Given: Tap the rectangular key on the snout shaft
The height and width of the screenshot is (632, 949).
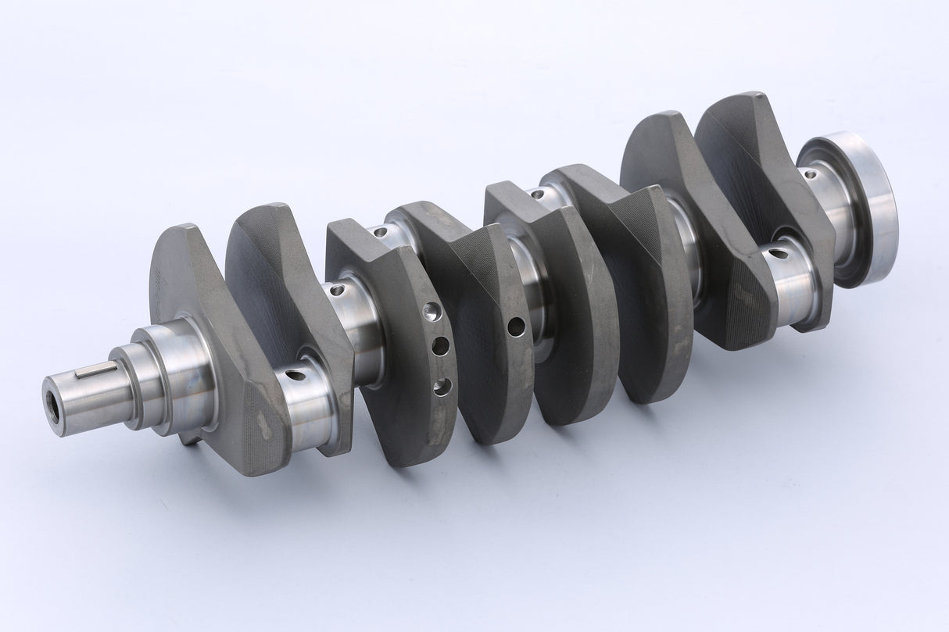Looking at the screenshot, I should pyautogui.click(x=96, y=370).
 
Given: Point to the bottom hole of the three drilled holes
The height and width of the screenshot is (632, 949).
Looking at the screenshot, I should pyautogui.click(x=442, y=385).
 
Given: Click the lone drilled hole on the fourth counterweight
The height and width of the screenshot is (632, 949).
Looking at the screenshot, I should pyautogui.click(x=516, y=327).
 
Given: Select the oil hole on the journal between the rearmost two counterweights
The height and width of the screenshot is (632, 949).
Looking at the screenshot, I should pyautogui.click(x=778, y=253).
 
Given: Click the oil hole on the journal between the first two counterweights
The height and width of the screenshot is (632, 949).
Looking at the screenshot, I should pyautogui.click(x=295, y=376).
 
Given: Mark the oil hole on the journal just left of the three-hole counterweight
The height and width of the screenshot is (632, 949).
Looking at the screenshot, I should pyautogui.click(x=337, y=291).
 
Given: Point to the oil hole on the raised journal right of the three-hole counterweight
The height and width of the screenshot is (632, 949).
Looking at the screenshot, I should pyautogui.click(x=380, y=232).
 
